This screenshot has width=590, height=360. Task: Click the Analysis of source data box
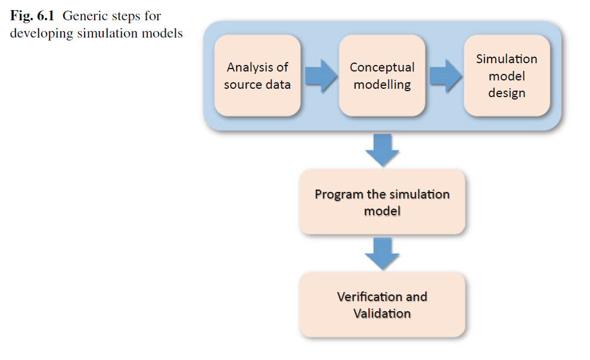tap(257, 75)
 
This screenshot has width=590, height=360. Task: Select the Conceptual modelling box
tap(381, 75)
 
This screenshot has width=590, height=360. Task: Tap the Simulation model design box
tap(507, 75)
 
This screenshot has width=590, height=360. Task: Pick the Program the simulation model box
tap(382, 202)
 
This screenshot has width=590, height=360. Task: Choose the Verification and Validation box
tap(382, 305)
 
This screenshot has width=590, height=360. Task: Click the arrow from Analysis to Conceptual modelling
tap(321, 76)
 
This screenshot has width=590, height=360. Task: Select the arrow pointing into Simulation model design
tap(445, 76)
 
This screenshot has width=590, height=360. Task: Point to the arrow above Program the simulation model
tap(382, 150)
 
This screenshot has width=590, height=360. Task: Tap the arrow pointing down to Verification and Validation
tap(382, 253)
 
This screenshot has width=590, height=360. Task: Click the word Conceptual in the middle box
tap(382, 67)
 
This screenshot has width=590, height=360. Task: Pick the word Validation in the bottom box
tap(382, 314)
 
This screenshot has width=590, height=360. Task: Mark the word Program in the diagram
tap(338, 194)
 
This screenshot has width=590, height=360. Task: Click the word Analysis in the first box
tap(257, 67)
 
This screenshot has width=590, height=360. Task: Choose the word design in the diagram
tap(507, 93)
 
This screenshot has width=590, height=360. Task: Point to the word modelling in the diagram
tap(382, 84)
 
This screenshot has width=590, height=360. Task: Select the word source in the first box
tap(241, 84)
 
